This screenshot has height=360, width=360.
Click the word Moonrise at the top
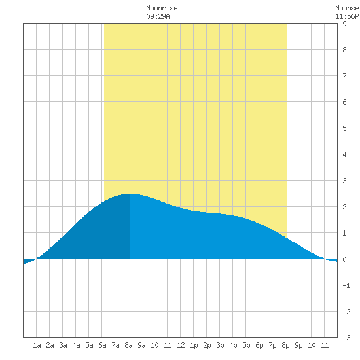tap(162, 8)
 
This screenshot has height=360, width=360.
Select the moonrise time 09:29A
tap(158, 16)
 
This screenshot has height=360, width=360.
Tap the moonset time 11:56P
tap(347, 16)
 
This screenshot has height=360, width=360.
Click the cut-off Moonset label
tap(348, 8)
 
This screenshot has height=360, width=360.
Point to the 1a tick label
tap(37, 345)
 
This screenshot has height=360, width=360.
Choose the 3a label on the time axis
tap(63, 345)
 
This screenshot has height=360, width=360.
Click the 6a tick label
tap(102, 345)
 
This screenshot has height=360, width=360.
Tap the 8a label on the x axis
tap(128, 345)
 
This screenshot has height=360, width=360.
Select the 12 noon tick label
tap(181, 345)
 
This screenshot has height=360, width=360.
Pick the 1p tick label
tap(194, 345)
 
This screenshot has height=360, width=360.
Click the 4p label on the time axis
tap(233, 345)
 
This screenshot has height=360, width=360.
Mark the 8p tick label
tap(285, 345)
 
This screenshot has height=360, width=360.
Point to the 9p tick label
tap(298, 345)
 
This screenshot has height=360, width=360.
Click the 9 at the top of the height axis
tap(344, 24)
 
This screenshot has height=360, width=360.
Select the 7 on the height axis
tap(344, 76)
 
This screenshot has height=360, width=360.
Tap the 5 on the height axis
tap(344, 128)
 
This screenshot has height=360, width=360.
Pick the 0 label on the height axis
tap(344, 259)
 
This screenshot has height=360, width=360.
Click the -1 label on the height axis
tap(346, 285)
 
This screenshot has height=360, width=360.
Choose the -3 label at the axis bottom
tap(346, 338)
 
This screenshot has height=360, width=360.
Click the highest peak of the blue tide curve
tap(130, 194)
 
